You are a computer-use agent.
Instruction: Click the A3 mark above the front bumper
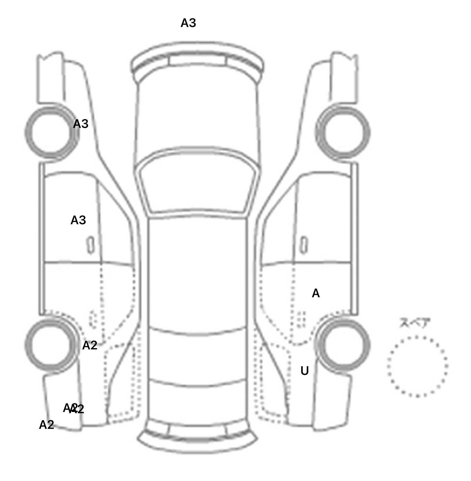tap(188, 23)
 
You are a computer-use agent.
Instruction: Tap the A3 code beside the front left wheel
tap(81, 124)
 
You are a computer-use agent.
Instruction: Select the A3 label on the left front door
tap(78, 220)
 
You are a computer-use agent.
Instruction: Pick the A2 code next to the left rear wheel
tap(90, 346)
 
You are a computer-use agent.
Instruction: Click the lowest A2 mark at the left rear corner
tap(47, 425)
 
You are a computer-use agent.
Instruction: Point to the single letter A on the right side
tap(316, 294)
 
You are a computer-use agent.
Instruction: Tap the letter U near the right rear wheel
tap(304, 371)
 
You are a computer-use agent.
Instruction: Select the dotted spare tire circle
tap(417, 366)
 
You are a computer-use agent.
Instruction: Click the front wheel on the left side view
tap(51, 133)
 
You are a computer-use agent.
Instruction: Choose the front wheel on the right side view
tap(343, 133)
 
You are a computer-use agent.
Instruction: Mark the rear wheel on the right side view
tap(343, 344)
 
